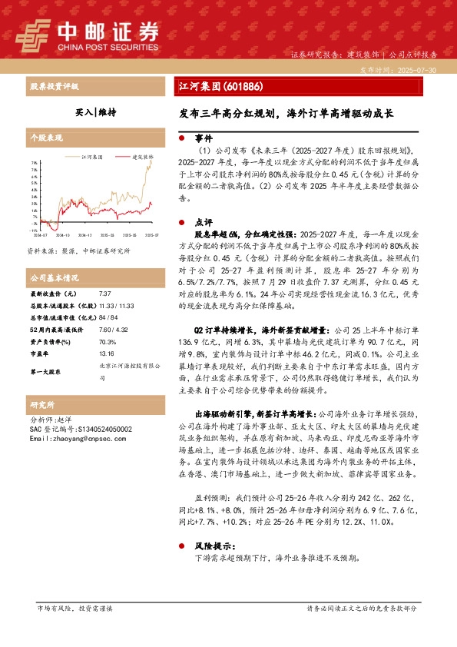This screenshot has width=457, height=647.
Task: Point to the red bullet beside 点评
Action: (x=181, y=221)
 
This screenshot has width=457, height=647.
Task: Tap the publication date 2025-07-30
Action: (x=416, y=70)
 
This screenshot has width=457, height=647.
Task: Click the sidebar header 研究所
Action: (x=41, y=404)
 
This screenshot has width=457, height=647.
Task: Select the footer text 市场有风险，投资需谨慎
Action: (x=75, y=607)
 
